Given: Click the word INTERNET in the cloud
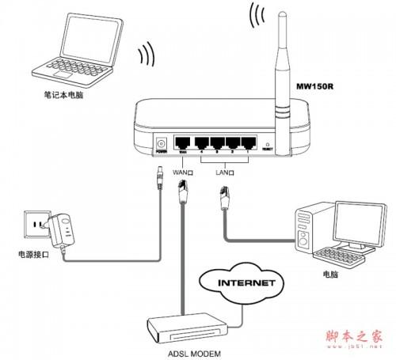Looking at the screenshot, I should [247, 282].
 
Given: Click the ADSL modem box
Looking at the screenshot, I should [194, 325].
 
